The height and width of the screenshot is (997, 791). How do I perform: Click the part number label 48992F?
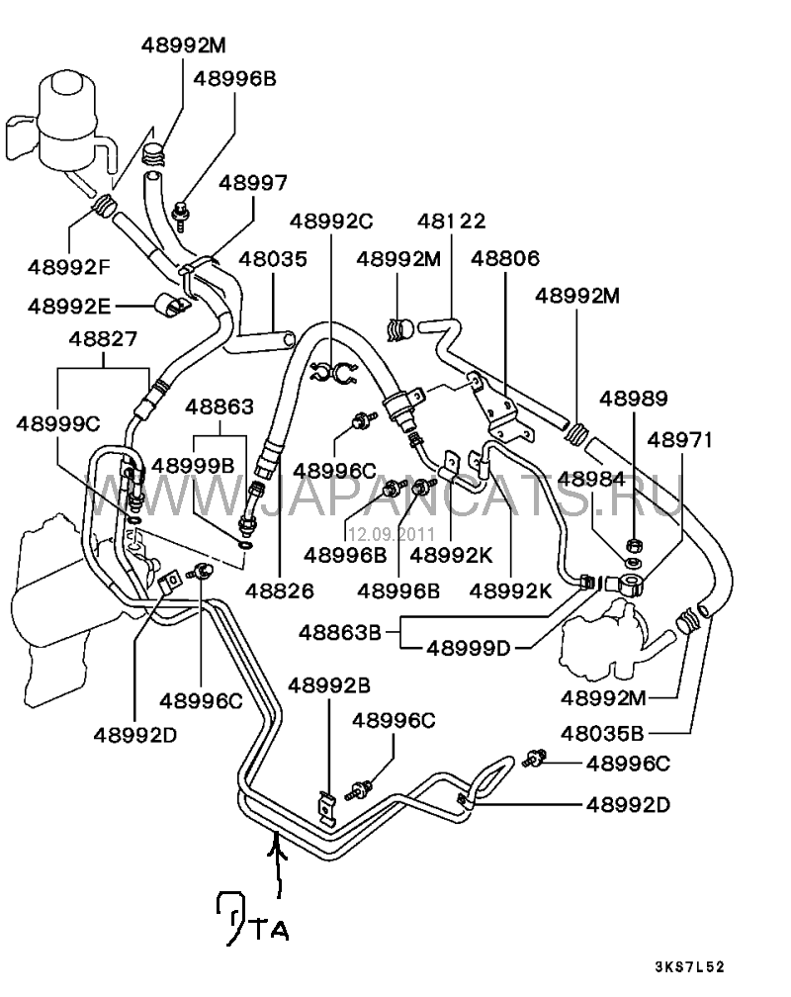(69, 266)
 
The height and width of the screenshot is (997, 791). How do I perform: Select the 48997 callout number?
(253, 183)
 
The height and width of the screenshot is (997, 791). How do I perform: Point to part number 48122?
(451, 222)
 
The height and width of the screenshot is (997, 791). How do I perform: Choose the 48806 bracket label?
(505, 258)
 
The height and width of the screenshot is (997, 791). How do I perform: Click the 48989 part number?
(634, 399)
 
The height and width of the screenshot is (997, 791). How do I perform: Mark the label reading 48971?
(680, 439)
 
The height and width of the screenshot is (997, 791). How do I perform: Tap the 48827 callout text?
(103, 339)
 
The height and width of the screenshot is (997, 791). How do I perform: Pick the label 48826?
(280, 590)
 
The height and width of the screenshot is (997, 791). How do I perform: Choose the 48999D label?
(469, 649)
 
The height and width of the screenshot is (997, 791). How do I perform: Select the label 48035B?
(602, 734)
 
